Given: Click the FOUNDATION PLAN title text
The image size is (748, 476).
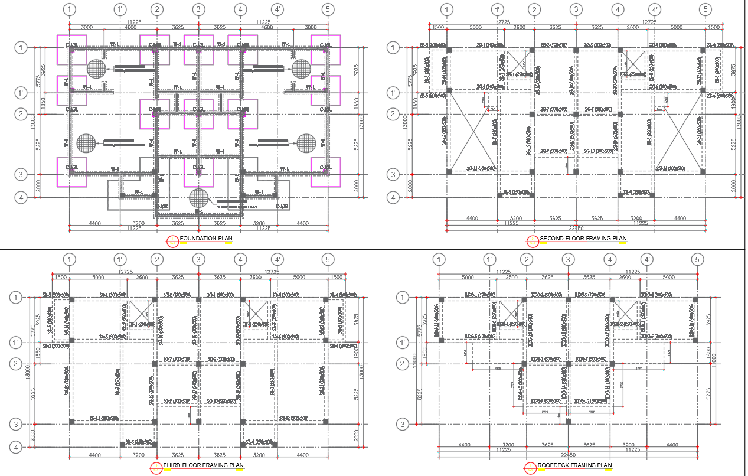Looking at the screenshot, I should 205,239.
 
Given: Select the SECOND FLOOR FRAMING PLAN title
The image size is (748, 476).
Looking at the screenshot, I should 583,239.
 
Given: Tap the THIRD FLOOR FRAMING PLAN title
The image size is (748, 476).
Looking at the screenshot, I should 203,465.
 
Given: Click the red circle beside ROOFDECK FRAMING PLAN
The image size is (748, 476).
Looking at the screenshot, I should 530,467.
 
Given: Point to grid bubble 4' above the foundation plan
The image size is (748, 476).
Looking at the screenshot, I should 277,9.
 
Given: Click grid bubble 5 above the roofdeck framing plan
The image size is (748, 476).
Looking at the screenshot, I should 697,259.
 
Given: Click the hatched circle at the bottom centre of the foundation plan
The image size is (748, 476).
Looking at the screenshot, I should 199,198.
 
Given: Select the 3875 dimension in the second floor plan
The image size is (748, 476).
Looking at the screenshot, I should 734,70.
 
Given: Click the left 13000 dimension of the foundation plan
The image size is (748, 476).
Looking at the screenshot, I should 34,122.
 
